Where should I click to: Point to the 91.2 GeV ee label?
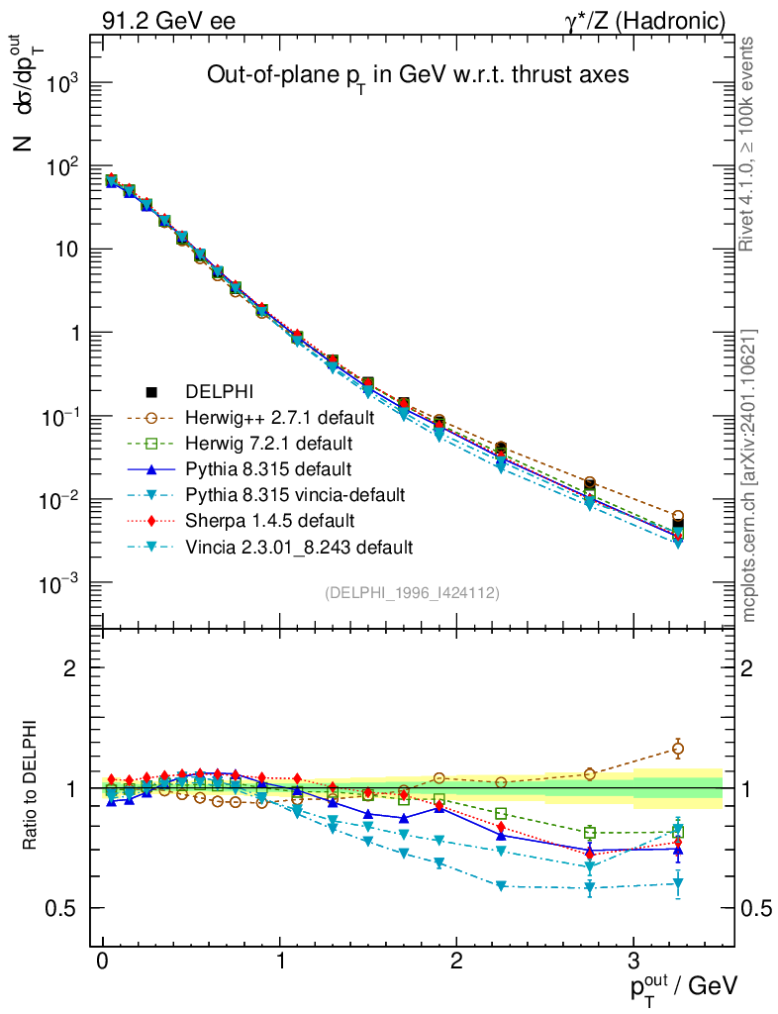point(168,20)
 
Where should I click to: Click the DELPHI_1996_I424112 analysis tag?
point(411,592)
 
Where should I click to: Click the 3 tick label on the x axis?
point(633,962)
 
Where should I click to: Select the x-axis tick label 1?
point(281,962)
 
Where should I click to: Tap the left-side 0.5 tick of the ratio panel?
point(69,908)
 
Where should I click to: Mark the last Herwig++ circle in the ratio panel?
point(678,749)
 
